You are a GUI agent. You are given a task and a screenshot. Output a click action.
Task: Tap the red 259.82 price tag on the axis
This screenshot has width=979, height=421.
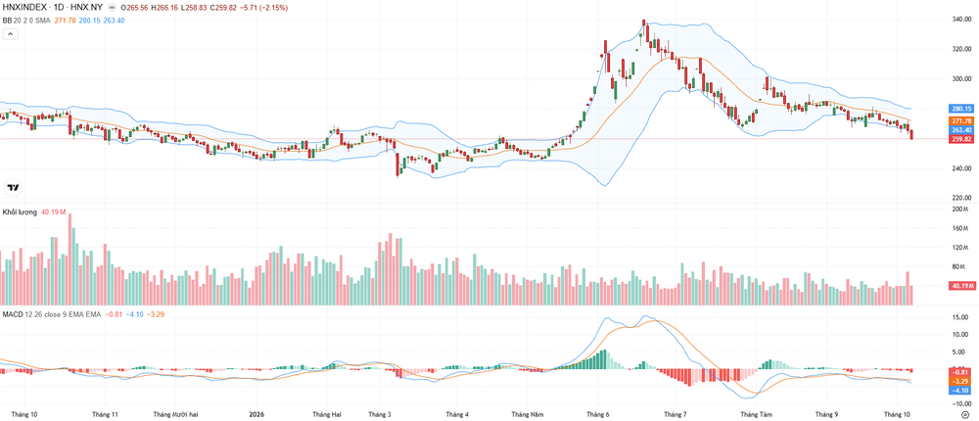(961, 139)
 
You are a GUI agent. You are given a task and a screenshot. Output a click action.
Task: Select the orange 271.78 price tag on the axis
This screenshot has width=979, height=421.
(961, 120)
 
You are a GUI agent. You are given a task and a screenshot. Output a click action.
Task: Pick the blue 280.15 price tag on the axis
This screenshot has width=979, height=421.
(961, 108)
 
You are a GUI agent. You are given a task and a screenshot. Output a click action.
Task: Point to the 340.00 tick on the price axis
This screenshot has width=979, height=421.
(961, 20)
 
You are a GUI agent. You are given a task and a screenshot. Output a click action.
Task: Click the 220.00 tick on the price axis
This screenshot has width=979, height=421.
(961, 198)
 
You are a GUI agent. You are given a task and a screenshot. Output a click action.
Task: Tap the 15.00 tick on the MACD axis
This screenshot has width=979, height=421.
(960, 316)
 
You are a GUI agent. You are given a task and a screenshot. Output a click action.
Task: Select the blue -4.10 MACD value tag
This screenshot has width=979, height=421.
(959, 390)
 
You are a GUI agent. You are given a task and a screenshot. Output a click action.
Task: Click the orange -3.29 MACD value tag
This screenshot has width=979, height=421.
(959, 381)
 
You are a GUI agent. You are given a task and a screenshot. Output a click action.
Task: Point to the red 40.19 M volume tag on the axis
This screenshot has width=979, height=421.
(961, 286)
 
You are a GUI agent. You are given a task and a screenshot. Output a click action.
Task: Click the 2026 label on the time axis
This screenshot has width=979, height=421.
(256, 413)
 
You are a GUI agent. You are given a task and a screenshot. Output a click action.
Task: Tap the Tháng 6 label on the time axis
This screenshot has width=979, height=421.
(597, 413)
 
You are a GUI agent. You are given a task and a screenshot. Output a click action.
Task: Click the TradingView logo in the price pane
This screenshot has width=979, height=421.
(13, 187)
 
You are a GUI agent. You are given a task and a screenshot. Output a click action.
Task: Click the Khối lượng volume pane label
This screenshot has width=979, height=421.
(20, 211)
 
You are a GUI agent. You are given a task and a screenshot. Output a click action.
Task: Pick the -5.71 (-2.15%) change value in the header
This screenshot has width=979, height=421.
(268, 6)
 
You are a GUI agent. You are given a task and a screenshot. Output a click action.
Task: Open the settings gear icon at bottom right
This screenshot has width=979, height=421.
(965, 413)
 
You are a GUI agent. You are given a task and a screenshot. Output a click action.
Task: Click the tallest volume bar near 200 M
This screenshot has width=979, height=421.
(70, 259)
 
